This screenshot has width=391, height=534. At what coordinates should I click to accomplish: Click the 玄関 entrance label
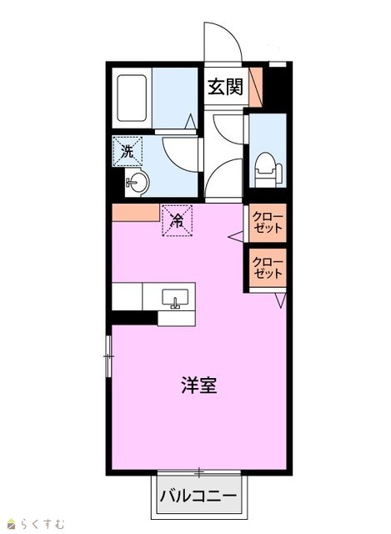(x=226, y=87)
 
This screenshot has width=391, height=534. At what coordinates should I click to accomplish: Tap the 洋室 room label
(x=199, y=385)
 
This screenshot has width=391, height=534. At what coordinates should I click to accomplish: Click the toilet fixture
(x=268, y=169)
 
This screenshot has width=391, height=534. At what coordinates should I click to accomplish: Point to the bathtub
(x=132, y=98)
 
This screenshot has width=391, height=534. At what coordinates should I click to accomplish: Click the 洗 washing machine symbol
(x=128, y=151)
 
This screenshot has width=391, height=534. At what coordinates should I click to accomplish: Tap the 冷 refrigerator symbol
(x=177, y=220)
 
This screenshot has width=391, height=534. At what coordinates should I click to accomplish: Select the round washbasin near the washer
(x=137, y=182)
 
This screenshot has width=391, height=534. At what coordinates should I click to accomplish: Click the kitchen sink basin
(x=175, y=299)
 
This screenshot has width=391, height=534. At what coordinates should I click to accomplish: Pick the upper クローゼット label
(x=268, y=223)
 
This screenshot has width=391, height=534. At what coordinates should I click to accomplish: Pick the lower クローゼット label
(x=268, y=268)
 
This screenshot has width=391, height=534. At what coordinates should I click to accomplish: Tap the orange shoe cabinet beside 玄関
(x=256, y=87)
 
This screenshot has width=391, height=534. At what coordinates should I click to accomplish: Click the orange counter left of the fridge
(x=136, y=213)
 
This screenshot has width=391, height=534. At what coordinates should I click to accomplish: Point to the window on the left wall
(x=108, y=356)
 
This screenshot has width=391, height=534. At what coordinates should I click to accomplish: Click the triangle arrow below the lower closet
(x=281, y=300)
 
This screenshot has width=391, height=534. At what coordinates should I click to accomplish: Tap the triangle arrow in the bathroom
(x=191, y=121)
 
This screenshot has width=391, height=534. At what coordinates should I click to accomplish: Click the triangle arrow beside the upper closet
(x=235, y=237)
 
